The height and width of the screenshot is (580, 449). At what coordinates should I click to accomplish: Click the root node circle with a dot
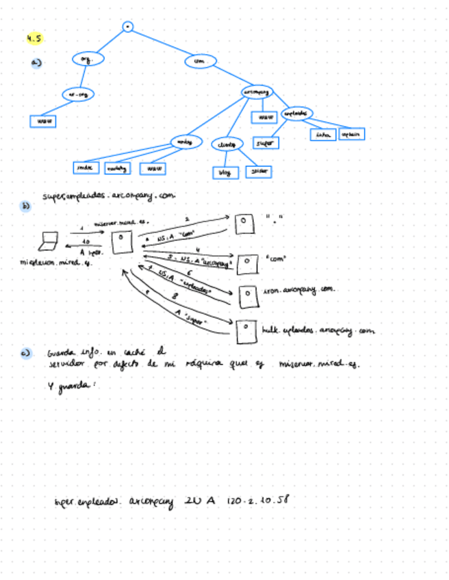click(127, 27)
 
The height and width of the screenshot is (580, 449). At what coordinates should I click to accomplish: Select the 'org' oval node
click(88, 60)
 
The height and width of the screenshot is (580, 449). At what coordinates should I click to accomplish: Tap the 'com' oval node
click(200, 62)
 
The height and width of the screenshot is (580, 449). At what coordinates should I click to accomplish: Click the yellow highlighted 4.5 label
click(34, 38)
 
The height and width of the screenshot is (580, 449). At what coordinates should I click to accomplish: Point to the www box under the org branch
click(42, 121)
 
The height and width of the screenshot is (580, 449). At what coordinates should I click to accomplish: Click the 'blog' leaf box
click(224, 173)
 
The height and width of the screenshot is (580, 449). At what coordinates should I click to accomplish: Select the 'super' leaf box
click(265, 143)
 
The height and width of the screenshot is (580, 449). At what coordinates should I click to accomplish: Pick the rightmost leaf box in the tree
click(351, 134)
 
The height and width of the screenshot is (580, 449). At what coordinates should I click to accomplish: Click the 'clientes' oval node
click(226, 145)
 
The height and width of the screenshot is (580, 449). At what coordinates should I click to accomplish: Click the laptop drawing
click(51, 241)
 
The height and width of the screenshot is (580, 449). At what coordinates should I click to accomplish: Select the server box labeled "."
click(243, 222)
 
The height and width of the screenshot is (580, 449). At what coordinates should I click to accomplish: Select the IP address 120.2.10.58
click(258, 501)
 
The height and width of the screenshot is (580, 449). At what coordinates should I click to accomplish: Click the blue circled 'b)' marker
click(27, 205)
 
